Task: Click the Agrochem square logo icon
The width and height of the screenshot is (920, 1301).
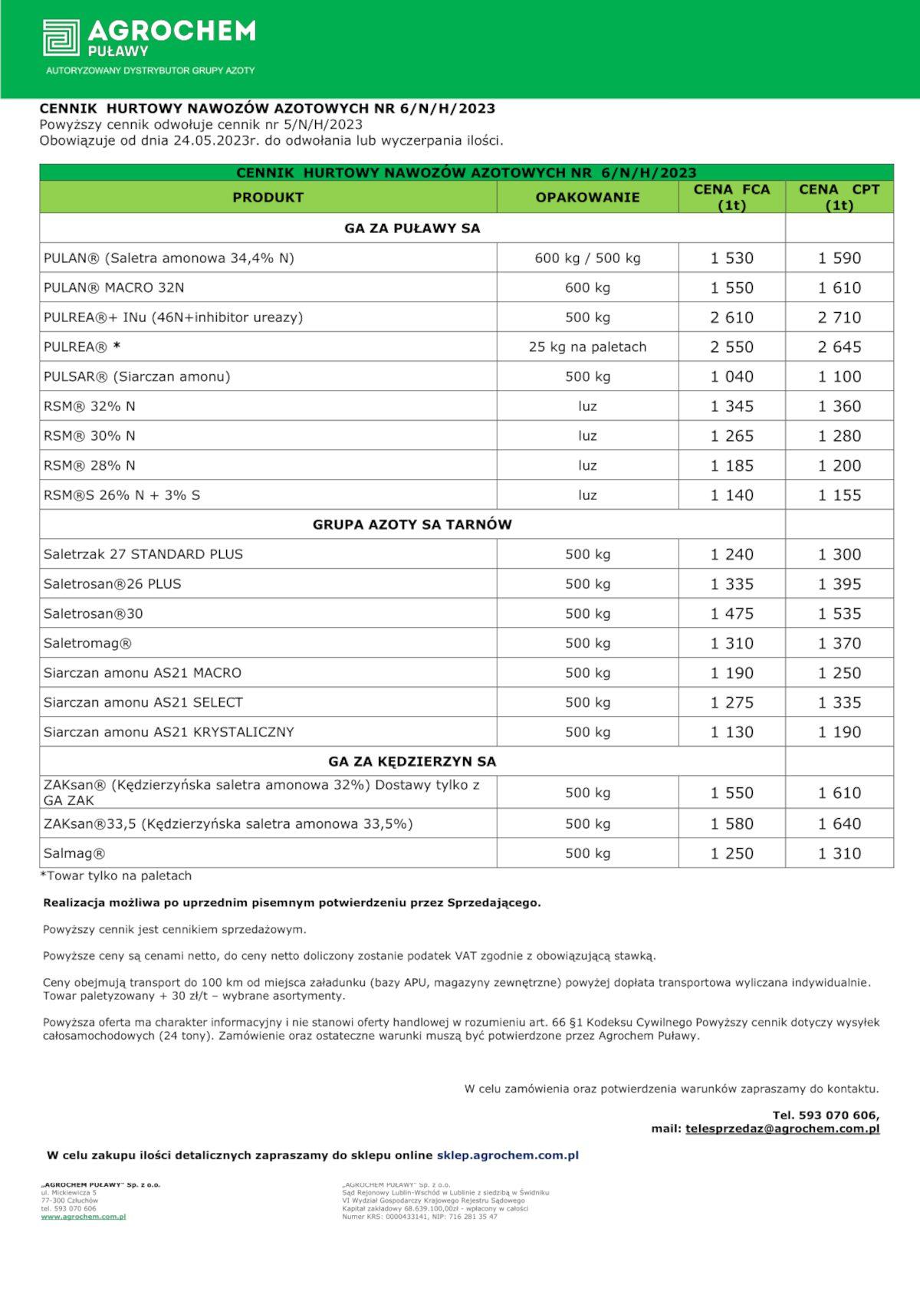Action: tap(61, 38)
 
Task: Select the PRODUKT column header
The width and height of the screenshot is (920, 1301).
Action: tap(268, 197)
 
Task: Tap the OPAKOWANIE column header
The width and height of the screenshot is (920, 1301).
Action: tap(587, 197)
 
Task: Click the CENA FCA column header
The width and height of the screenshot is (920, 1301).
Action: tap(731, 197)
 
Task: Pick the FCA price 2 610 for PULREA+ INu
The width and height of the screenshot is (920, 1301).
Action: tap(731, 317)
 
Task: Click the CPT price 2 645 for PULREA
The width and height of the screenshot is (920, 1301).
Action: tap(839, 347)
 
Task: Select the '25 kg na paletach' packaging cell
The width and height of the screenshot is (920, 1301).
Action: tap(587, 347)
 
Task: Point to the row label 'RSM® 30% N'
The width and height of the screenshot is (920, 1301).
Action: tap(90, 436)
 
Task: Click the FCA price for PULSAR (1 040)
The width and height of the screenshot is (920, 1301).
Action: tap(731, 377)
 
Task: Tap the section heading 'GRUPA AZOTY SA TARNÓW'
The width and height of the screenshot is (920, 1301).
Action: tap(412, 525)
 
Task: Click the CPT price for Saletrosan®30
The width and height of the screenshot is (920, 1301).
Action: tap(839, 614)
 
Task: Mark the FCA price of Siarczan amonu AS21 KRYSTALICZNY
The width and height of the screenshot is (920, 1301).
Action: tap(731, 732)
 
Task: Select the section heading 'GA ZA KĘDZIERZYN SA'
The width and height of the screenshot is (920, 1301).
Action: tap(412, 762)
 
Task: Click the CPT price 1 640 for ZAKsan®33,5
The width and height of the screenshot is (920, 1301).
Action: tap(839, 824)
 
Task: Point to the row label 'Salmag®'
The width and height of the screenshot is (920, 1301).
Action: tap(74, 854)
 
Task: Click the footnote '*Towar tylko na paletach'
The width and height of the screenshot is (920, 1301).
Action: tap(116, 876)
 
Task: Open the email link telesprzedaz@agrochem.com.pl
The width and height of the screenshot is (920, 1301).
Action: tap(782, 1129)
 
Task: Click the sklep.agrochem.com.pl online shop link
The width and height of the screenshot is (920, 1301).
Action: tap(508, 1155)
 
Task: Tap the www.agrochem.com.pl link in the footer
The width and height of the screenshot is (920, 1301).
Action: tap(84, 1217)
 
